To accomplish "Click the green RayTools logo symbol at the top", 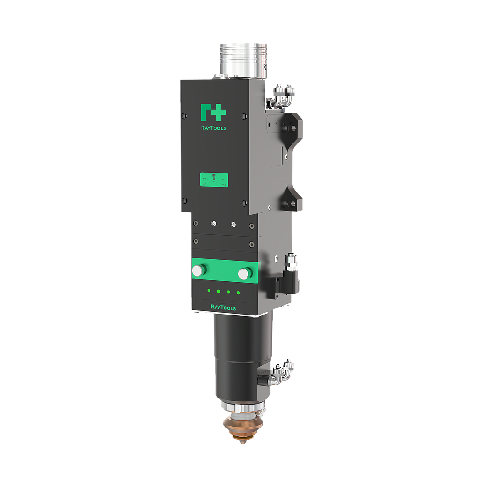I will [x=213, y=112].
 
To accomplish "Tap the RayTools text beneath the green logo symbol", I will [x=213, y=128].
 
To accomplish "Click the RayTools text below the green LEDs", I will [x=223, y=307].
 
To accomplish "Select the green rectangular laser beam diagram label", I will [x=214, y=180].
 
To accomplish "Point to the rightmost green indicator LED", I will [x=238, y=293].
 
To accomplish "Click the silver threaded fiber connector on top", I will [x=243, y=60].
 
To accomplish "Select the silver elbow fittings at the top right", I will [x=283, y=95].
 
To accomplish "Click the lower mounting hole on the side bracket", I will [x=285, y=203].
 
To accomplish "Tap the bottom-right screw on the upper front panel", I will [x=244, y=203].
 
